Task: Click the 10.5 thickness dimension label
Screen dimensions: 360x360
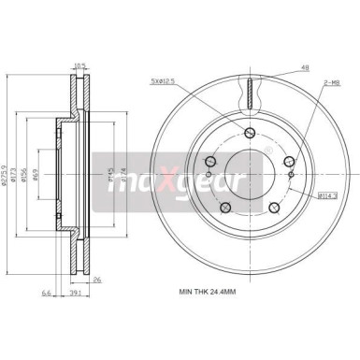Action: [80, 65]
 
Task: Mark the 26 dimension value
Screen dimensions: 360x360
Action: [122, 279]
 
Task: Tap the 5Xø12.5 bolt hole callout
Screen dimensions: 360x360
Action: [163, 80]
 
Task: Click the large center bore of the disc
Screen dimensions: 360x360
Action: [251, 173]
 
